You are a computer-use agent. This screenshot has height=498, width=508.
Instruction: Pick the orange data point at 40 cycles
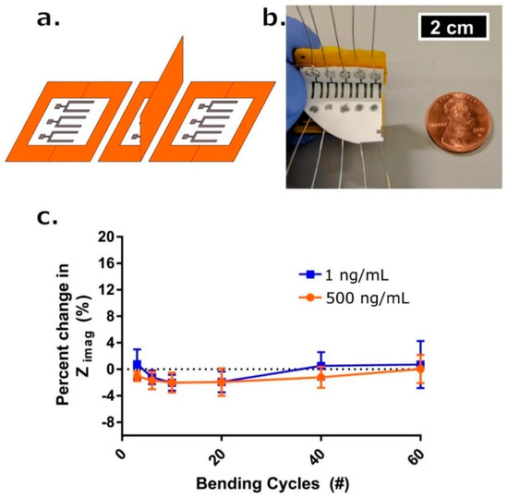[321, 377]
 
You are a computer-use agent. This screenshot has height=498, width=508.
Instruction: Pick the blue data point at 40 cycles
[321, 366]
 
